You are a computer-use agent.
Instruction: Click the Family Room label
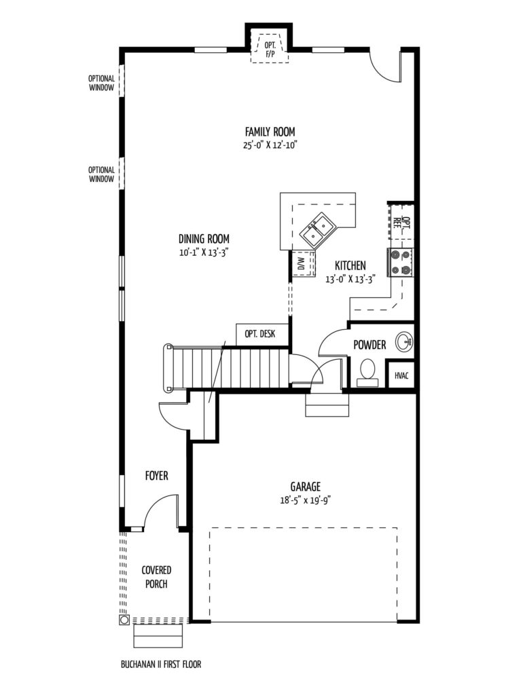coord(270,132)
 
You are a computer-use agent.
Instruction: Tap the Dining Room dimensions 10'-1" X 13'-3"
coord(204,252)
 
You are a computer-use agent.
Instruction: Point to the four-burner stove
coord(400,263)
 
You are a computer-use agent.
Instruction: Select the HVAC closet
coord(401,375)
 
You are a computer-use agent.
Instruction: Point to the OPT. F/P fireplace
coord(269,48)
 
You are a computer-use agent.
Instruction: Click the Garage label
coord(306,487)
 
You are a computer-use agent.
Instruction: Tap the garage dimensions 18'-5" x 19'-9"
coord(306,500)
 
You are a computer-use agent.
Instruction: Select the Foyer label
coord(157,476)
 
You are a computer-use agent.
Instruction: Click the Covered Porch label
coord(156,577)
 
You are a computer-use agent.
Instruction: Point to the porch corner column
coord(124,619)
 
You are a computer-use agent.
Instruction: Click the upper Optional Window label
coord(102,83)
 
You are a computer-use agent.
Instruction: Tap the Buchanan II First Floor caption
coord(161,664)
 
